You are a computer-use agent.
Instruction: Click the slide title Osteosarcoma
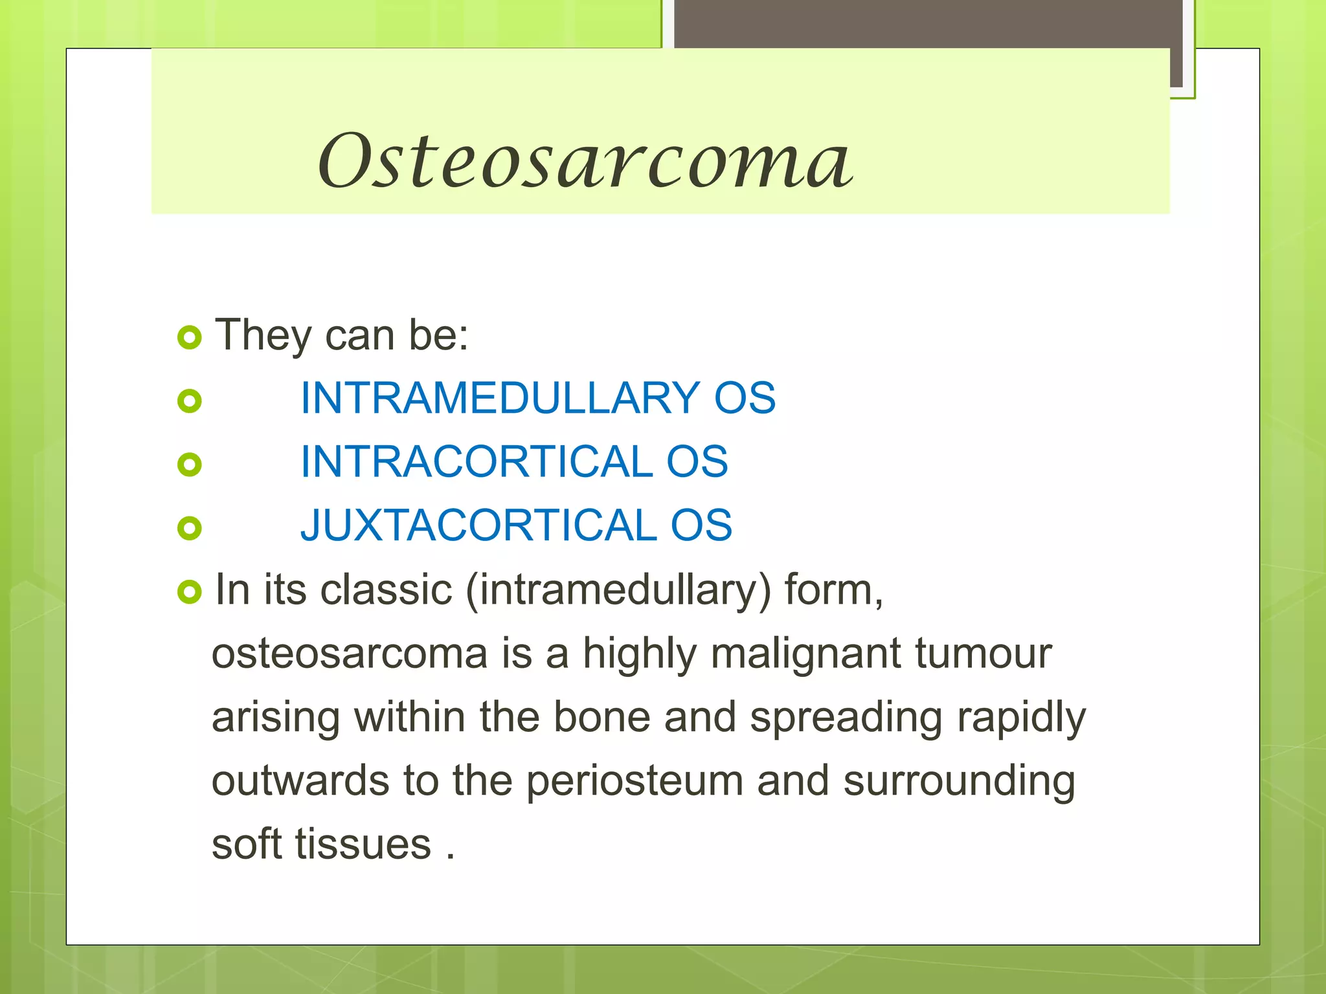[585, 160]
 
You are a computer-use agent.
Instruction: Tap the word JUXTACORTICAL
[479, 525]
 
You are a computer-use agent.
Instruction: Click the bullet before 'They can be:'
[189, 337]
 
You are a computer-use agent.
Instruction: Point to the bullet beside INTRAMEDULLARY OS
[189, 401]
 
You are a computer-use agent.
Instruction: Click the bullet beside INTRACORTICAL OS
[189, 465]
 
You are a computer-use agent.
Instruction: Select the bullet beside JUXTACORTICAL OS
[189, 528]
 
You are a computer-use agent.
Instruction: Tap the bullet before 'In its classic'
[189, 591]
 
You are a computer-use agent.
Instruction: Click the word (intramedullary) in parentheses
[618, 590]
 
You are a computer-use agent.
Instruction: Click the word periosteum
[634, 780]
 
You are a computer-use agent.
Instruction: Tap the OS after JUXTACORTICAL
[701, 525]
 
